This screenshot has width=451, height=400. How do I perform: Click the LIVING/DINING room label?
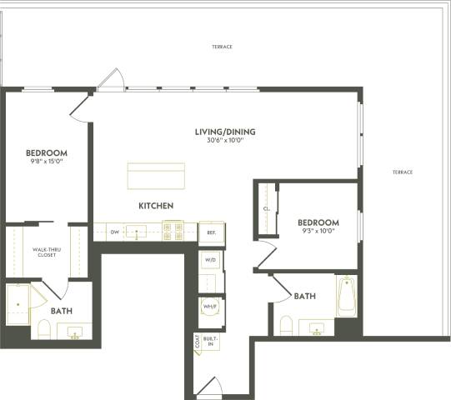pos(224,131)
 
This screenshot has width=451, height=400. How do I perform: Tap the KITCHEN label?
pos(156,205)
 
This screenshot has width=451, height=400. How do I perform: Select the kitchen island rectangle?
pos(156,177)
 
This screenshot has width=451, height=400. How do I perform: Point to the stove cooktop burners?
pos(173,231)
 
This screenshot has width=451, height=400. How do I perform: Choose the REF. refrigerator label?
pos(212,233)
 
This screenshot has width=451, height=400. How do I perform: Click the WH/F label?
pos(210,306)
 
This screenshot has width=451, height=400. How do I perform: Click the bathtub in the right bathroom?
pos(347,297)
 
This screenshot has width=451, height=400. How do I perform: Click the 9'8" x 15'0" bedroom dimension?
pos(46,162)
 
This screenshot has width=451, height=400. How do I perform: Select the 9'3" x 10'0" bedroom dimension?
pos(318,232)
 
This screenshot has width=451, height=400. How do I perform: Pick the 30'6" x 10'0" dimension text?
pos(224,141)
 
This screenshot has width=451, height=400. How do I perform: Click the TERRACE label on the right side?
pos(403,172)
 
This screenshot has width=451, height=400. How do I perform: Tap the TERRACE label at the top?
pos(222,47)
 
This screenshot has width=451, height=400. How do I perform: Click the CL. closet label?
pos(265,210)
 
